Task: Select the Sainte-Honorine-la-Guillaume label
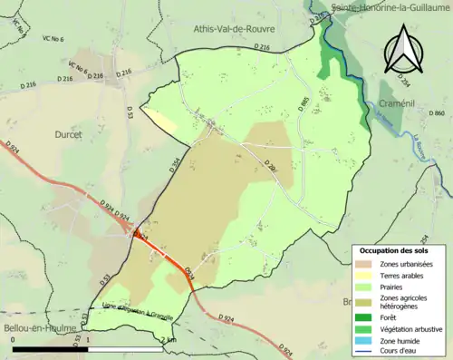[390, 7]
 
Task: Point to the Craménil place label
[399, 102]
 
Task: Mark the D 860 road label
[439, 112]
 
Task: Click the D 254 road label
[404, 83]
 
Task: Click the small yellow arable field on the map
[161, 123]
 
